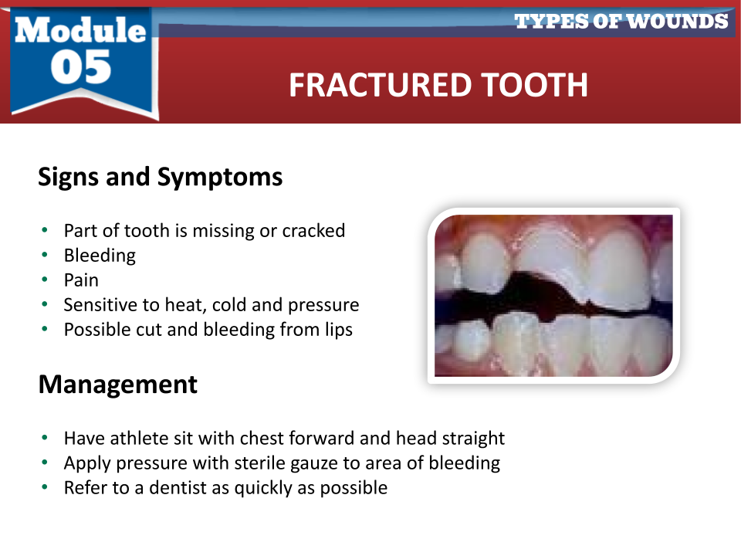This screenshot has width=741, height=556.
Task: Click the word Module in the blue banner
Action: coord(80,30)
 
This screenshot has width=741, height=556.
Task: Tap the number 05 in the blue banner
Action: coord(81,67)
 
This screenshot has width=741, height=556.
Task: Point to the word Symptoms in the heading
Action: coord(220,178)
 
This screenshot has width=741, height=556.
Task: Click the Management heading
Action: coord(117,385)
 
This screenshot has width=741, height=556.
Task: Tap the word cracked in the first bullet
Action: coord(313,231)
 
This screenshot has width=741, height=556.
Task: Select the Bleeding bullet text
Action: coord(100,256)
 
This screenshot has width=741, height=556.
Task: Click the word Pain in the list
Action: coord(81,280)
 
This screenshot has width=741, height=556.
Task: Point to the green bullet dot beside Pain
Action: coord(45,280)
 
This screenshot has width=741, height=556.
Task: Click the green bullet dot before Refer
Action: coord(45,487)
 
